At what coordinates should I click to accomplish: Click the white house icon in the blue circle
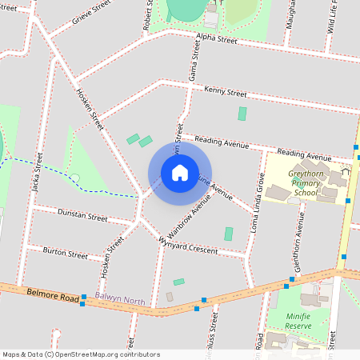point(180,172)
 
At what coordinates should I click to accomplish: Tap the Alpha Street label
point(218,38)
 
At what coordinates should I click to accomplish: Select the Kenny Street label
point(226,92)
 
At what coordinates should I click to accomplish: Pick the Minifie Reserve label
point(298,321)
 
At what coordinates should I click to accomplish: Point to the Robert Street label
point(148,16)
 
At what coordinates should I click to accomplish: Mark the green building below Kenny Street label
point(242,114)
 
